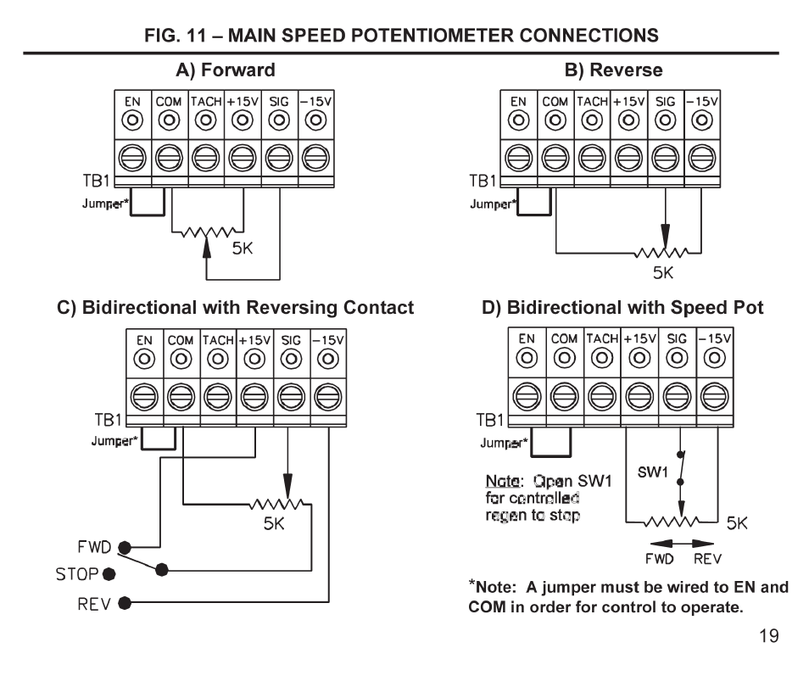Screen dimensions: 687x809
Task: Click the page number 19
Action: pyautogui.click(x=767, y=636)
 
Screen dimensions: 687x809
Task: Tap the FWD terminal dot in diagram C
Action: pyautogui.click(x=125, y=547)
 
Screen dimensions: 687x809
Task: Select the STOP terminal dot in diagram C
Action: pyautogui.click(x=109, y=575)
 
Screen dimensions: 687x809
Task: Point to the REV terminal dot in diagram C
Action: pyautogui.click(x=125, y=603)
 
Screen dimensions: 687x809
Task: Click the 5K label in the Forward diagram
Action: pyautogui.click(x=243, y=249)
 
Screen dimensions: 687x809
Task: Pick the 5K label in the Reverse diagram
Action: pyautogui.click(x=663, y=273)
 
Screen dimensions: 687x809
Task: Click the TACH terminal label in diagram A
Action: pyautogui.click(x=206, y=101)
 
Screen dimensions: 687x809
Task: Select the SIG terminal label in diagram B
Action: pyautogui.click(x=666, y=101)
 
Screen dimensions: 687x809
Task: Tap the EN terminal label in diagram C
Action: pyautogui.click(x=145, y=340)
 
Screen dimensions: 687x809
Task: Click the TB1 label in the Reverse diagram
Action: pyautogui.click(x=483, y=181)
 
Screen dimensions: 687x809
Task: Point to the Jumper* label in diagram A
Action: pyautogui.click(x=103, y=204)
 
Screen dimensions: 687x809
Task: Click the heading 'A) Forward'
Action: pyautogui.click(x=226, y=70)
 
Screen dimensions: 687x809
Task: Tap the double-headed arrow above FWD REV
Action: pyautogui.click(x=676, y=543)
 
